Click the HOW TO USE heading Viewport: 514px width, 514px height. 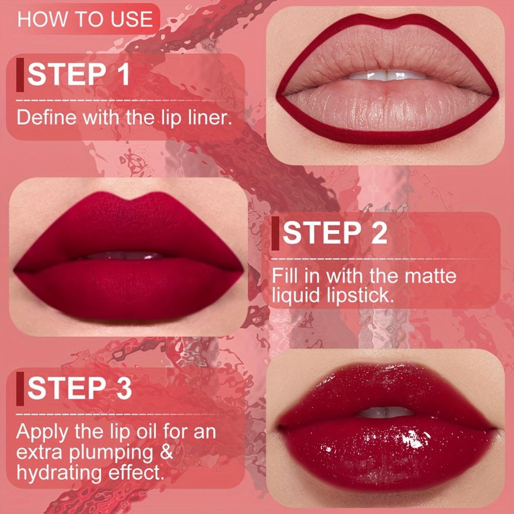85,20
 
